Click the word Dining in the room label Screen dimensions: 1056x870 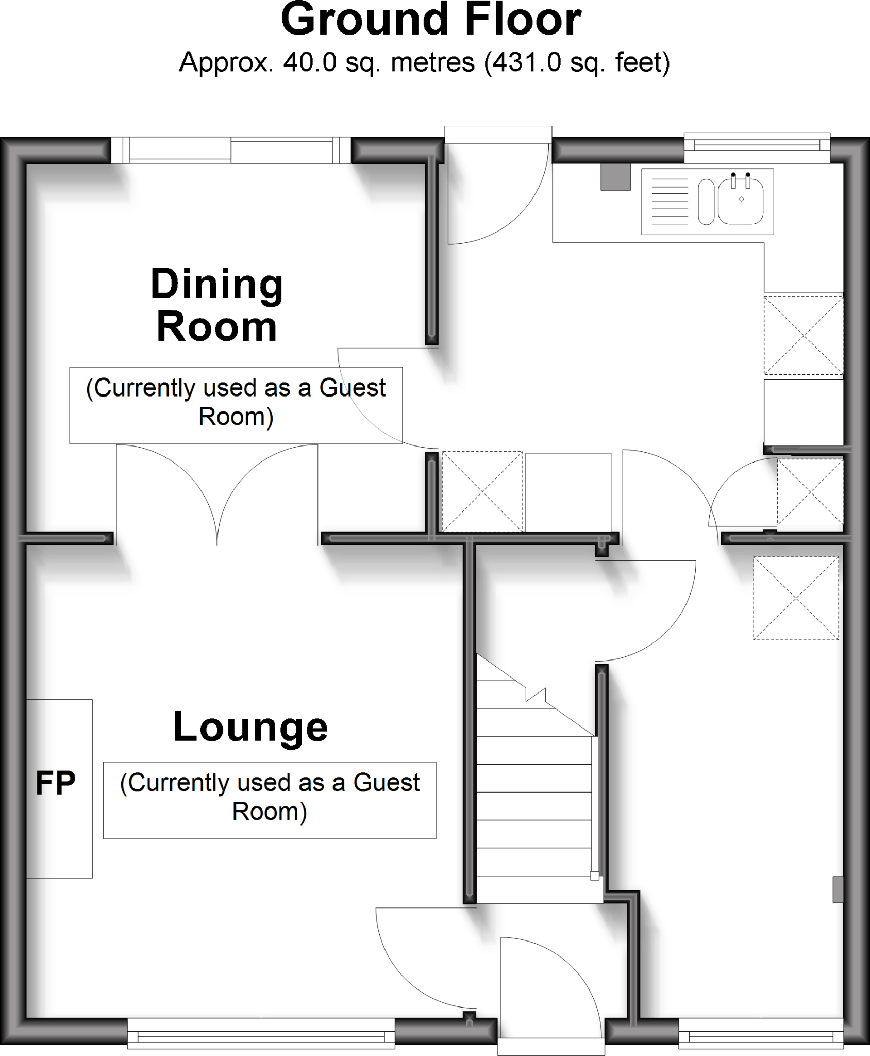pyautogui.click(x=216, y=285)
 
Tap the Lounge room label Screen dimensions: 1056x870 pyautogui.click(x=250, y=728)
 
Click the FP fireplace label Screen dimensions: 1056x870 pyautogui.click(x=55, y=783)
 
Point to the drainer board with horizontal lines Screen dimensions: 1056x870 pyautogui.click(x=670, y=201)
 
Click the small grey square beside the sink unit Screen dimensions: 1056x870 pyautogui.click(x=615, y=177)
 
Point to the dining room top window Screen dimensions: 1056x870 pyautogui.click(x=231, y=151)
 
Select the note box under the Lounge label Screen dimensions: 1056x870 pyautogui.click(x=269, y=800)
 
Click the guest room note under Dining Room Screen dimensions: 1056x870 pyautogui.click(x=236, y=405)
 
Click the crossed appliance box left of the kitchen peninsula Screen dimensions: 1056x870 pyautogui.click(x=482, y=491)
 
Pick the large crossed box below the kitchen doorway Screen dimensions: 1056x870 pyautogui.click(x=796, y=598)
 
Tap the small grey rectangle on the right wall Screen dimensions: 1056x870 pyautogui.click(x=838, y=889)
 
